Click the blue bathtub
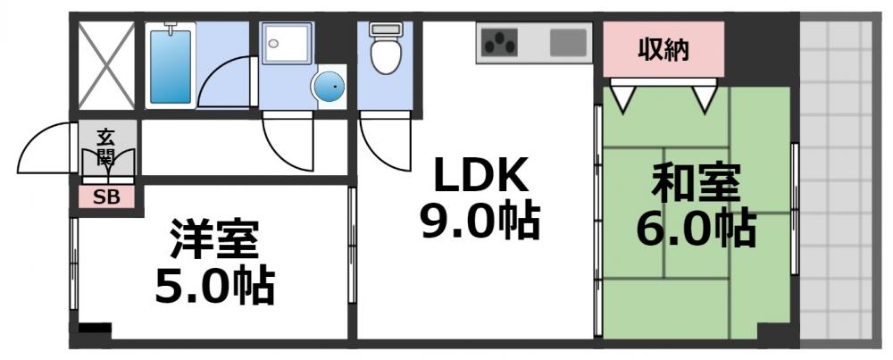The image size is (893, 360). coord(171,67)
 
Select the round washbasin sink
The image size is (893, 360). coord(328,88)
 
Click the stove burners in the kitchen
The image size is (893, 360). coord(501,41)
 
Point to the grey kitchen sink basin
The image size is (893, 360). coord(568,41)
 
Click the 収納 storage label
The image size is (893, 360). coord(663,50)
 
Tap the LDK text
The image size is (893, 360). coord(480,179)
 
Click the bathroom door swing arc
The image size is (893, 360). coord(223,85)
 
